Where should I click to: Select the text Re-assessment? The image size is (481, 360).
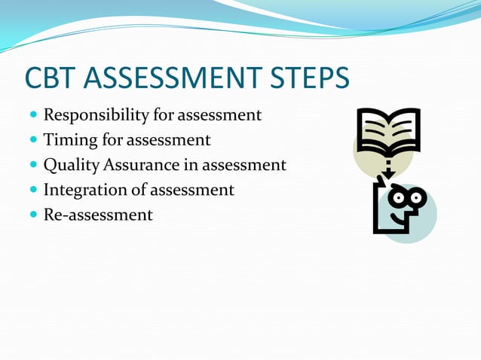[x=98, y=215]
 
